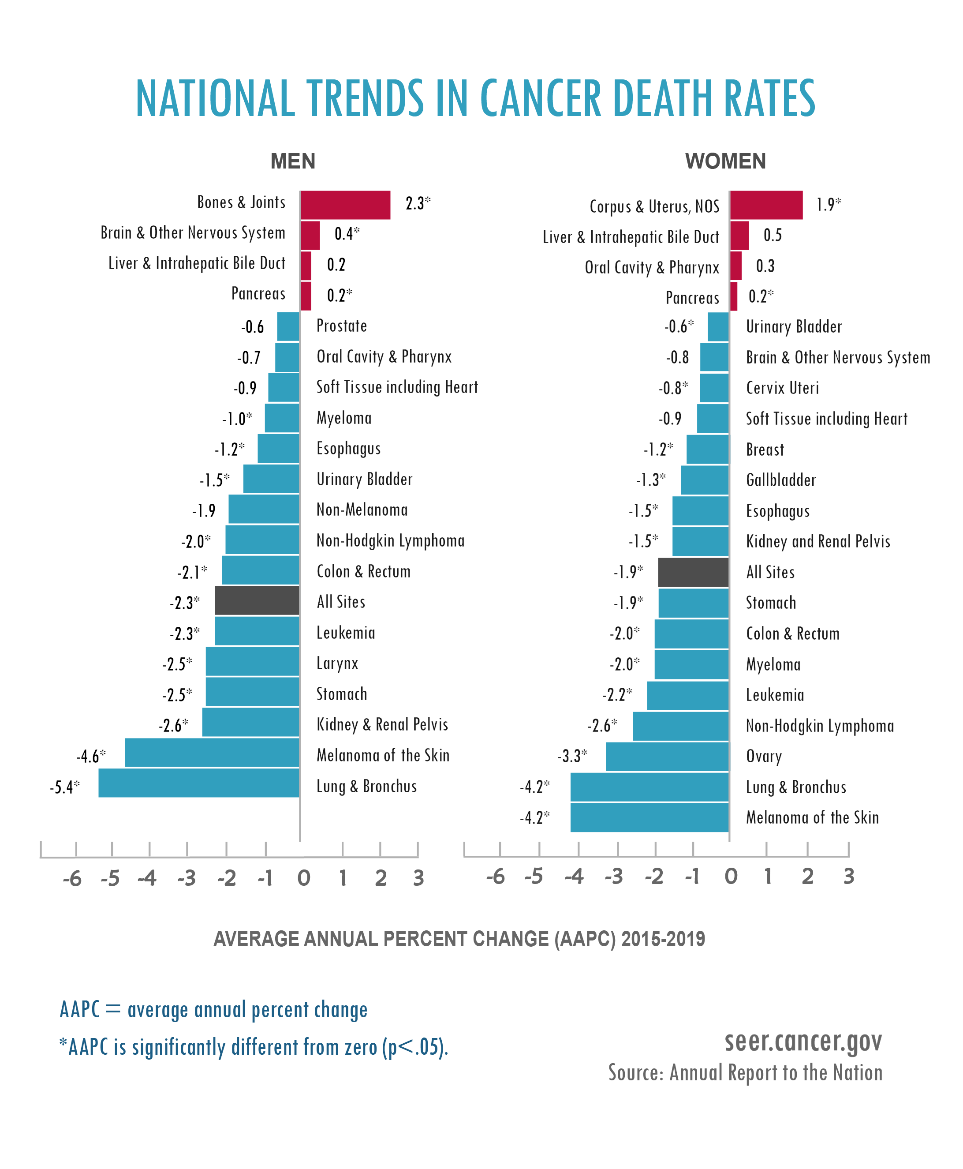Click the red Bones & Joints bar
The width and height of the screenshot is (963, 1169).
[x=345, y=205]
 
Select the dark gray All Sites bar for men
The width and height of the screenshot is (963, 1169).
[x=257, y=600]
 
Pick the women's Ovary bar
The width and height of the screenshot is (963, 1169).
[x=667, y=756]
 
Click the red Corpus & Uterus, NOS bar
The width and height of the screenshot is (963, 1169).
[x=766, y=205]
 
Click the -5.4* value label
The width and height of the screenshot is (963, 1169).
[x=64, y=787]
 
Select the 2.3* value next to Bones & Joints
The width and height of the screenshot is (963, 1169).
[x=418, y=204]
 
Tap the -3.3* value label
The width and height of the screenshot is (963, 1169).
[x=572, y=756]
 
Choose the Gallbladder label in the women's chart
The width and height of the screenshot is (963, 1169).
[x=780, y=480]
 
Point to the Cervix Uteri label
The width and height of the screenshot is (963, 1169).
[x=782, y=388]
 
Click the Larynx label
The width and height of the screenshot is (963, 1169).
[x=337, y=663]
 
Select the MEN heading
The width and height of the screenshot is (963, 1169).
[x=293, y=161]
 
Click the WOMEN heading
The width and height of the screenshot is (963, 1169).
[x=725, y=161]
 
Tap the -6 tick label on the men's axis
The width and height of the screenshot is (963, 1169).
[x=72, y=879]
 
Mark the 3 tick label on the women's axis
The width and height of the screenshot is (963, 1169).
[x=848, y=877]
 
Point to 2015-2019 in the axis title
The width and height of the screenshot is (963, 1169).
[x=663, y=939]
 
